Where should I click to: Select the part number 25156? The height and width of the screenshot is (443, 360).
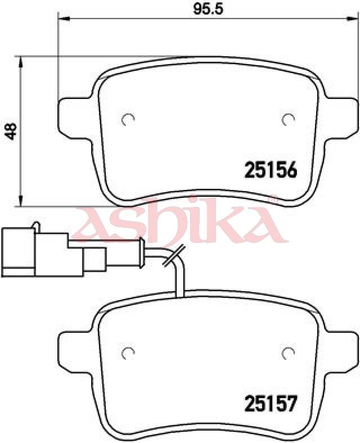(x=271, y=170)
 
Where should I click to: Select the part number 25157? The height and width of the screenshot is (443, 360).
(x=271, y=404)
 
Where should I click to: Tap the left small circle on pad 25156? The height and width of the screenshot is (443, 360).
(x=128, y=119)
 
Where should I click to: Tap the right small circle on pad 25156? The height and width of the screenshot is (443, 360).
(x=288, y=119)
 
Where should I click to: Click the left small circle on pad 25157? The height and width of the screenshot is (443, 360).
(x=128, y=352)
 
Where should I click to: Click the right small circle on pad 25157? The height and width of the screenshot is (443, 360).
(x=288, y=352)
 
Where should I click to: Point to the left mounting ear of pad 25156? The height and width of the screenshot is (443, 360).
(x=75, y=119)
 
